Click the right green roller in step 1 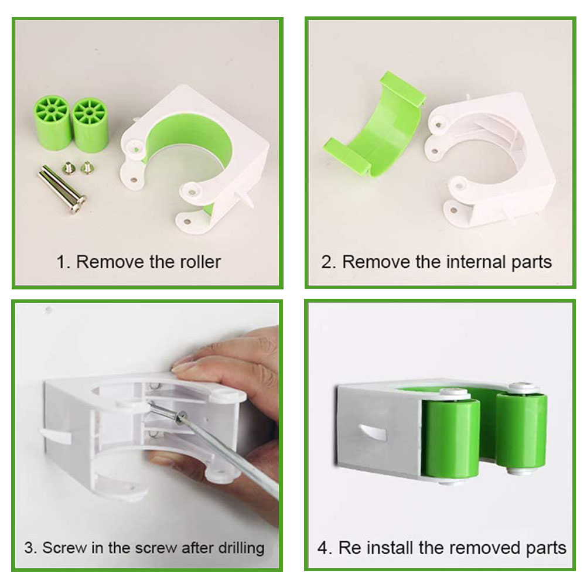[x=90, y=125]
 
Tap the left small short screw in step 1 [x=69, y=167]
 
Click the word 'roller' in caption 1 [x=200, y=262]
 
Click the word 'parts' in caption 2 [x=531, y=263]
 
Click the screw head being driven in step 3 [x=182, y=416]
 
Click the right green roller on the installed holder [x=522, y=431]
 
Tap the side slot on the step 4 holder [x=372, y=432]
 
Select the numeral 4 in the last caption [x=323, y=548]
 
